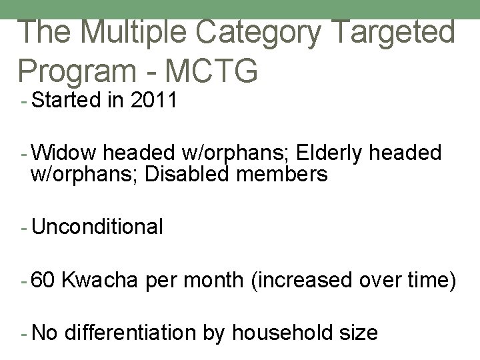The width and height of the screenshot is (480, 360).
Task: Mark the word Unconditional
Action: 97,227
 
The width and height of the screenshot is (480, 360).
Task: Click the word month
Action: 213,280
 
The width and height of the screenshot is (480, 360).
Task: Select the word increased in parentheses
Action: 303,280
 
